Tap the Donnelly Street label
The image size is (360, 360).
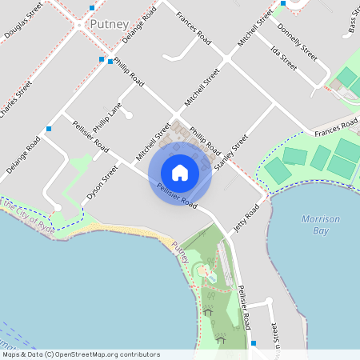point(297,42)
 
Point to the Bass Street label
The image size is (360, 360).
point(353,23)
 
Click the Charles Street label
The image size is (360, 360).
point(16,100)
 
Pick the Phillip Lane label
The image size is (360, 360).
point(106,118)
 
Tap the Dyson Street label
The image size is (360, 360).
point(102,183)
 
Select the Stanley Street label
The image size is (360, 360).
point(232,153)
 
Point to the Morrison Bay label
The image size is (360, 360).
point(321,225)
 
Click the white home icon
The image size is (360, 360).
point(180,172)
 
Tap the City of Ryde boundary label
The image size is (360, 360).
point(24,215)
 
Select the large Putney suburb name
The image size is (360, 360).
point(109,24)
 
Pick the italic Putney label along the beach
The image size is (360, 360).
point(180,257)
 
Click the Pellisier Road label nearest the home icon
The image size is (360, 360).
point(178,195)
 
